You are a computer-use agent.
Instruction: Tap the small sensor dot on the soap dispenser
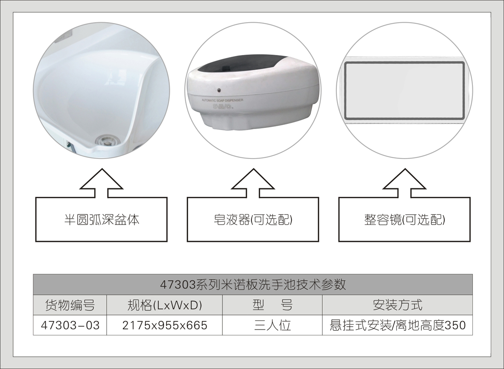(x=219, y=90)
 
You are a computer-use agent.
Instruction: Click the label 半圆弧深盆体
(x=101, y=220)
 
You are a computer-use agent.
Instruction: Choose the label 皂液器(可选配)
(x=253, y=220)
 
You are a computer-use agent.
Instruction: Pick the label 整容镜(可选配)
(x=405, y=220)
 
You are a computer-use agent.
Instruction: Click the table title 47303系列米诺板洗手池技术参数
(x=253, y=284)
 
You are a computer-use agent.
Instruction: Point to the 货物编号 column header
(x=70, y=305)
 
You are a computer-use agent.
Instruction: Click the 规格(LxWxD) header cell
(x=164, y=305)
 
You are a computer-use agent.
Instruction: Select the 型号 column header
(x=272, y=305)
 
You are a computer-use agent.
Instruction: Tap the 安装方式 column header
(x=397, y=305)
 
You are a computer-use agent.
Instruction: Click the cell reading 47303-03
(x=70, y=326)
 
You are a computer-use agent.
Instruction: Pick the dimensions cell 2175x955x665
(x=164, y=326)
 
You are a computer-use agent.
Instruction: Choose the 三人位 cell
(x=272, y=326)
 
